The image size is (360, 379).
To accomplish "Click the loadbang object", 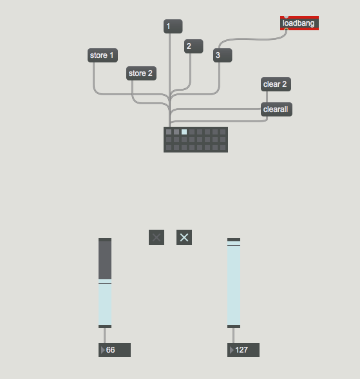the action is pos(299,23).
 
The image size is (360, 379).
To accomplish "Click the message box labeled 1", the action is pos(173,26).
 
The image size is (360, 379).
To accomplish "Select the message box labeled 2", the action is pos(194,46).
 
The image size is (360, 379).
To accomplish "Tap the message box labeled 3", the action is pos(223,55).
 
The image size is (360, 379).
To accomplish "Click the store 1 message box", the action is pos(102,55).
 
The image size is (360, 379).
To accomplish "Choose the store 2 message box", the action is pos(141,73).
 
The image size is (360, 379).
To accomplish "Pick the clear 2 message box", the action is pos(276,84).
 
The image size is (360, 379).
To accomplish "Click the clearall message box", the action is pos(276,109).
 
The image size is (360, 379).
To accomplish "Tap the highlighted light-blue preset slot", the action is pos(184,132).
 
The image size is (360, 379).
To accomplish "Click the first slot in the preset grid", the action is pos(169,132).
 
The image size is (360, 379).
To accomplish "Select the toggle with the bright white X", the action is pos(184,237).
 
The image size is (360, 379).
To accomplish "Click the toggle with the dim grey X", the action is pos(156,237).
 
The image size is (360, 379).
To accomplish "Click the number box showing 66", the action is pos(115,350).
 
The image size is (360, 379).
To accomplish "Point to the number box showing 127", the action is pos(243,350).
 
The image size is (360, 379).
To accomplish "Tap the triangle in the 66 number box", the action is pos(103,350).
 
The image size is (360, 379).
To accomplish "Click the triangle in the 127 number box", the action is pos(232,350).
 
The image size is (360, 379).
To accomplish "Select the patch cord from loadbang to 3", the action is pos(253,39).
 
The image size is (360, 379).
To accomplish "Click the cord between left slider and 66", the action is pos(104,335).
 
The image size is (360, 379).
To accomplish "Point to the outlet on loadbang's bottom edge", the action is pos(286,30).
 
